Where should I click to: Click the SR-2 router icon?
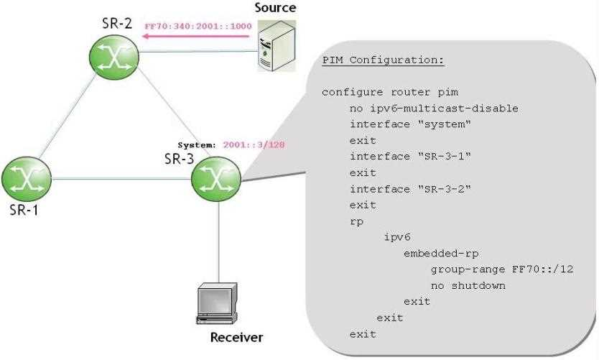113,55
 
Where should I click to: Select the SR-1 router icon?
26,177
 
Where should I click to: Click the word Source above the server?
275,9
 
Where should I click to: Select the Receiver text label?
236,338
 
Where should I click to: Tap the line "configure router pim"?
389,93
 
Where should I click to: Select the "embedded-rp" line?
441,254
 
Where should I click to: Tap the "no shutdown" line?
468,285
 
